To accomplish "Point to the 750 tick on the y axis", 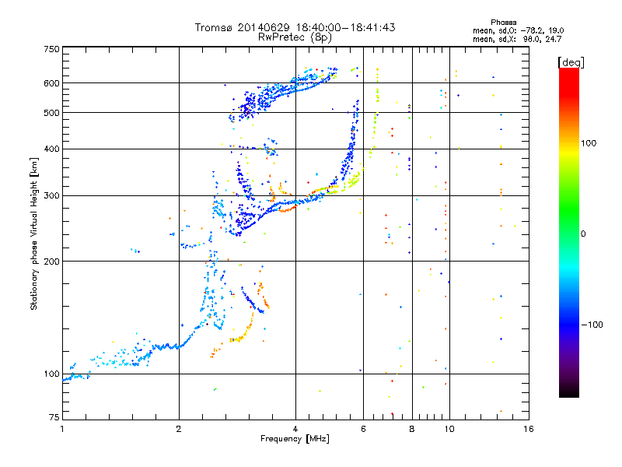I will tap(52, 49).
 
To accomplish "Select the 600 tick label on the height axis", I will tap(52, 83).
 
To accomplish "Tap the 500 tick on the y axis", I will tap(52, 113).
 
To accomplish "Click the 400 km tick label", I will tap(52, 149).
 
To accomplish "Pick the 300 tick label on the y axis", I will tap(52, 195).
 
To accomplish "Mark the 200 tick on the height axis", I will tap(52, 261).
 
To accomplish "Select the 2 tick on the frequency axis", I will tap(179, 429).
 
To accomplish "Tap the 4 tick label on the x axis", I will tap(295, 429).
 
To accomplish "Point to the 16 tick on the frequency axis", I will tap(528, 429).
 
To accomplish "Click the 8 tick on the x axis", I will tap(412, 429).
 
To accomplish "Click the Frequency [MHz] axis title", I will tap(295, 440).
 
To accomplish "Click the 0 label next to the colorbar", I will tap(585, 233).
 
